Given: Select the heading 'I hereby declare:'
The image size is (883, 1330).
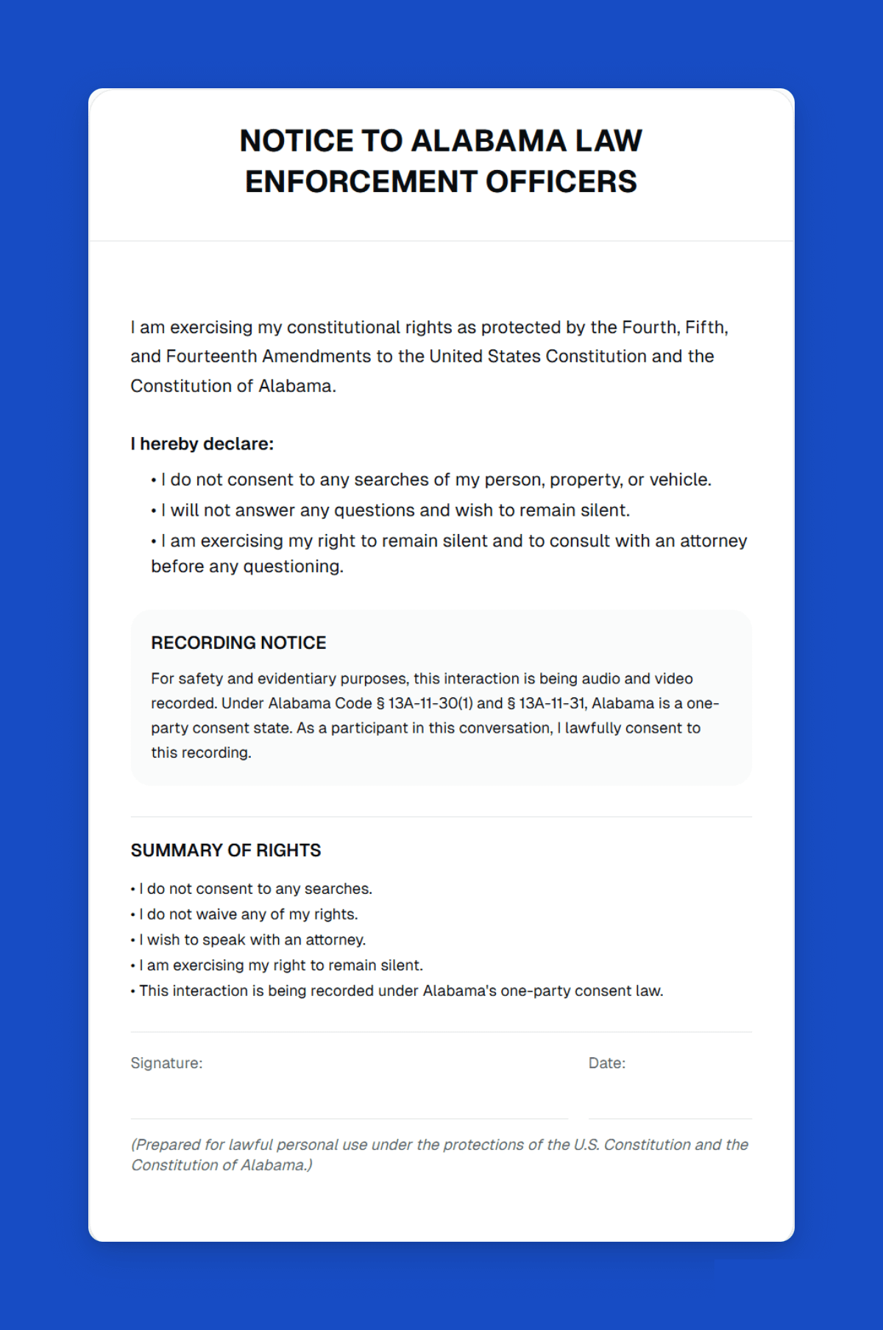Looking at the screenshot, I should [202, 444].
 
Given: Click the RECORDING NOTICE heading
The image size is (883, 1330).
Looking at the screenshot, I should [238, 642].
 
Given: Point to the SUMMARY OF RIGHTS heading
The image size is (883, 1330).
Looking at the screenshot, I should [226, 850].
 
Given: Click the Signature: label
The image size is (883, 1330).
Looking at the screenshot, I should [166, 1063].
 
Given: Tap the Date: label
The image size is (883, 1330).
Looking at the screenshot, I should [607, 1063].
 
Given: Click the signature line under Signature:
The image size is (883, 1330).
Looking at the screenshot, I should [349, 1117].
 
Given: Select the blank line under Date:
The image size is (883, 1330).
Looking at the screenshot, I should [670, 1117].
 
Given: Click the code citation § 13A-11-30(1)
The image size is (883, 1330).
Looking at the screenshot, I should [425, 703].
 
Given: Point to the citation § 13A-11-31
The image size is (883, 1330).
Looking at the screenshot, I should [547, 703].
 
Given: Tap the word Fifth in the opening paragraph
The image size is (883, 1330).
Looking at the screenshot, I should [705, 327].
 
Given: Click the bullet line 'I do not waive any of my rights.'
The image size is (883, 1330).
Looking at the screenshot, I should [248, 914].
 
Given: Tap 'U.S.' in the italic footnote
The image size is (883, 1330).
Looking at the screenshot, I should [586, 1145].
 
